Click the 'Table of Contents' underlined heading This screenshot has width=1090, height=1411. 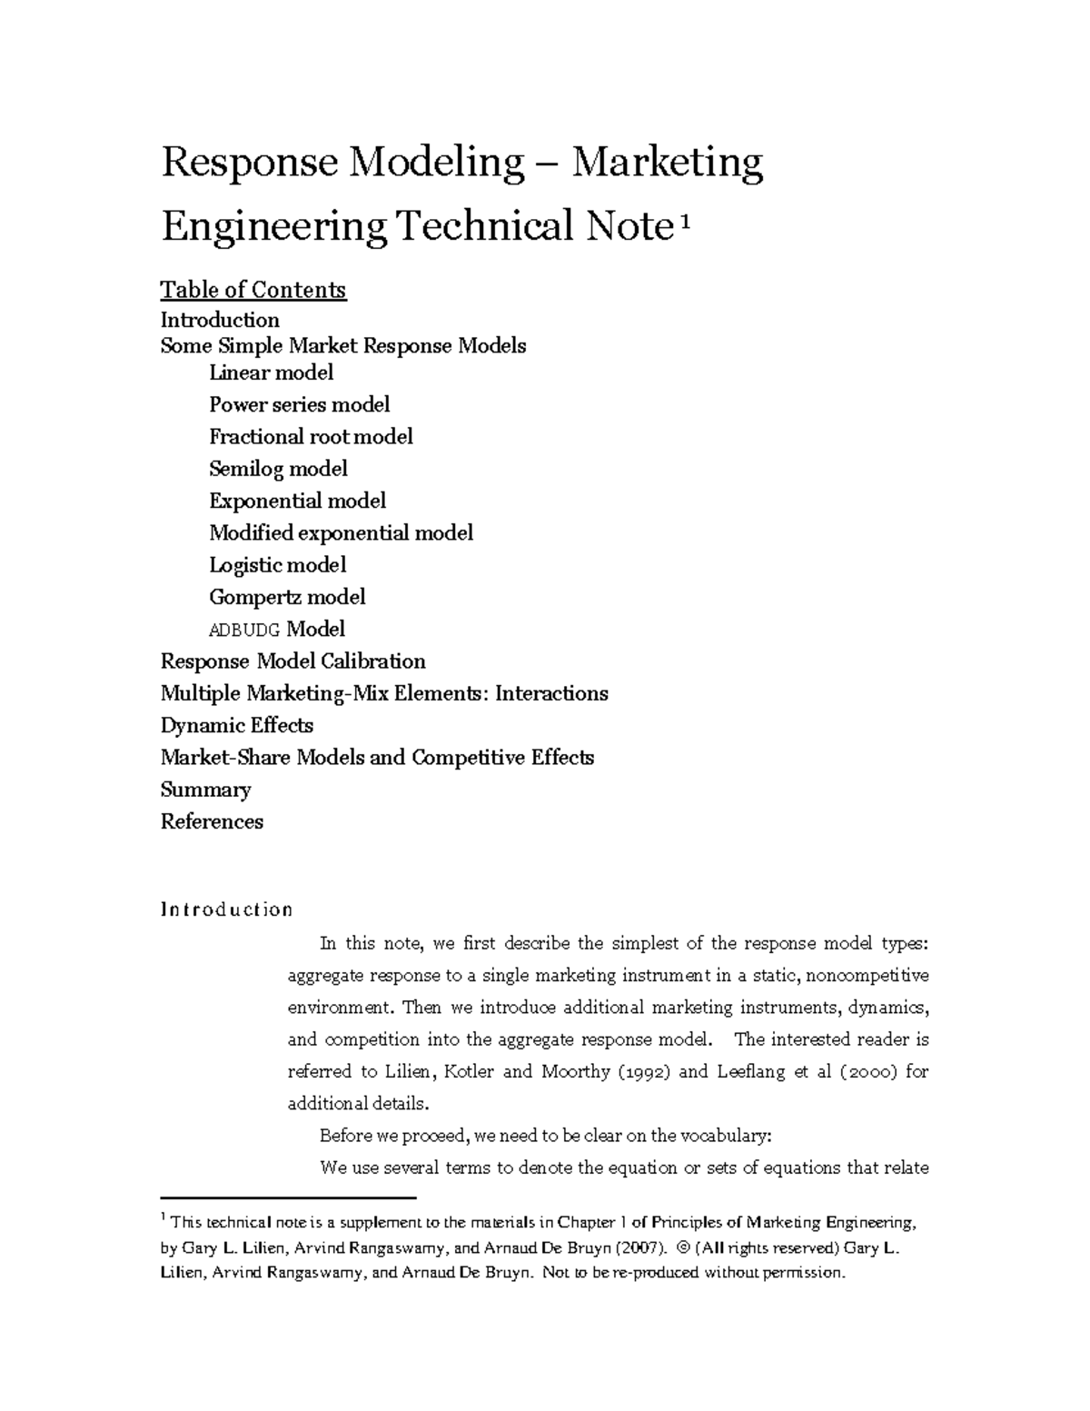point(253,290)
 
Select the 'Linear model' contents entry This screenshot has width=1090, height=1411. point(271,373)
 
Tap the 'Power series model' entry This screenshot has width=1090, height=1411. point(299,404)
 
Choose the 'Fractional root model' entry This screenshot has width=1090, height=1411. point(311,437)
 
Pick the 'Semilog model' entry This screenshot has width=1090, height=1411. point(278,469)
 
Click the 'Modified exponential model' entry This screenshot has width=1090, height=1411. point(341,533)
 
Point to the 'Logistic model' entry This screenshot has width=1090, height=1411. point(277,565)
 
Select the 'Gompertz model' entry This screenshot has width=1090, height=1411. point(287,597)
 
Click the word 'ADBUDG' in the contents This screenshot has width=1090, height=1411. point(244,630)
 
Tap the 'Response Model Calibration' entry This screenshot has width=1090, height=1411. point(292,661)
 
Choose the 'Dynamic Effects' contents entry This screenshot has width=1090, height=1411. point(236,725)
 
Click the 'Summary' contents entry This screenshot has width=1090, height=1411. point(205,790)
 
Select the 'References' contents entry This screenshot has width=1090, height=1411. point(212,821)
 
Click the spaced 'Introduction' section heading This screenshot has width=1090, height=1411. point(226,909)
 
